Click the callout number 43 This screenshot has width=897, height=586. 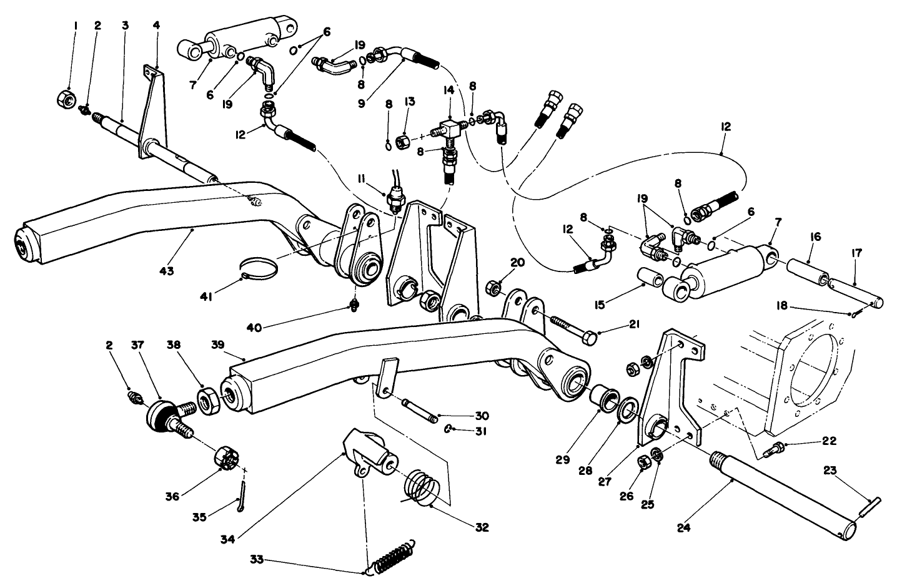coord(166,271)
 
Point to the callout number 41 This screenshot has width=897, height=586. coord(206,298)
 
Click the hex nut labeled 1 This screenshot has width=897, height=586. coord(66,97)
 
